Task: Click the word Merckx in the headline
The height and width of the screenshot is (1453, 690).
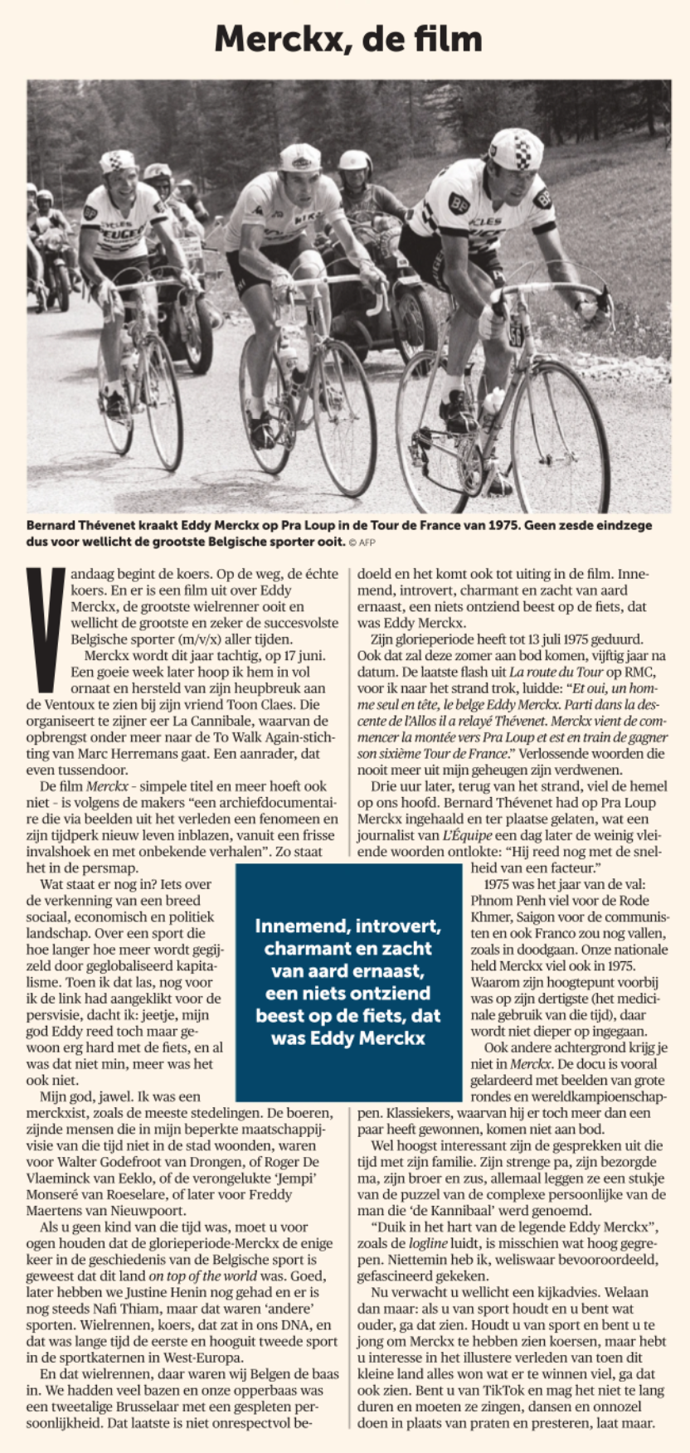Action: pos(275,39)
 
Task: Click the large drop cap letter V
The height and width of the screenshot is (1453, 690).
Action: pos(45,629)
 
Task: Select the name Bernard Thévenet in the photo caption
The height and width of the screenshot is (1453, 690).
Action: pos(79,526)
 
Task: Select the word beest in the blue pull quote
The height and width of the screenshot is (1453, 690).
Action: pos(284,1016)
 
